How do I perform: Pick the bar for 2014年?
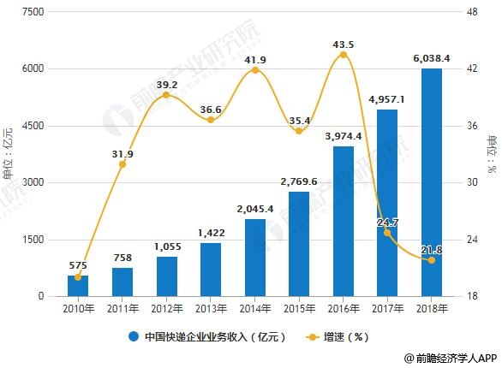point(255,258)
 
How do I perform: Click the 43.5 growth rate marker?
point(344,55)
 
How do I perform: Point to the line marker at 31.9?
point(123,164)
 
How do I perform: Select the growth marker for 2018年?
point(432,260)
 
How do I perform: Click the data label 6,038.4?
point(432,57)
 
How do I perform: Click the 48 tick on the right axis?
point(470,11)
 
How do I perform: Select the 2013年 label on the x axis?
point(211,309)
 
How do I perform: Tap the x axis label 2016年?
point(344,309)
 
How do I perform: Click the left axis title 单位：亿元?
point(9,154)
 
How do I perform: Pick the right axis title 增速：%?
point(492,154)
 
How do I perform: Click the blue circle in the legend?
point(134,336)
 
